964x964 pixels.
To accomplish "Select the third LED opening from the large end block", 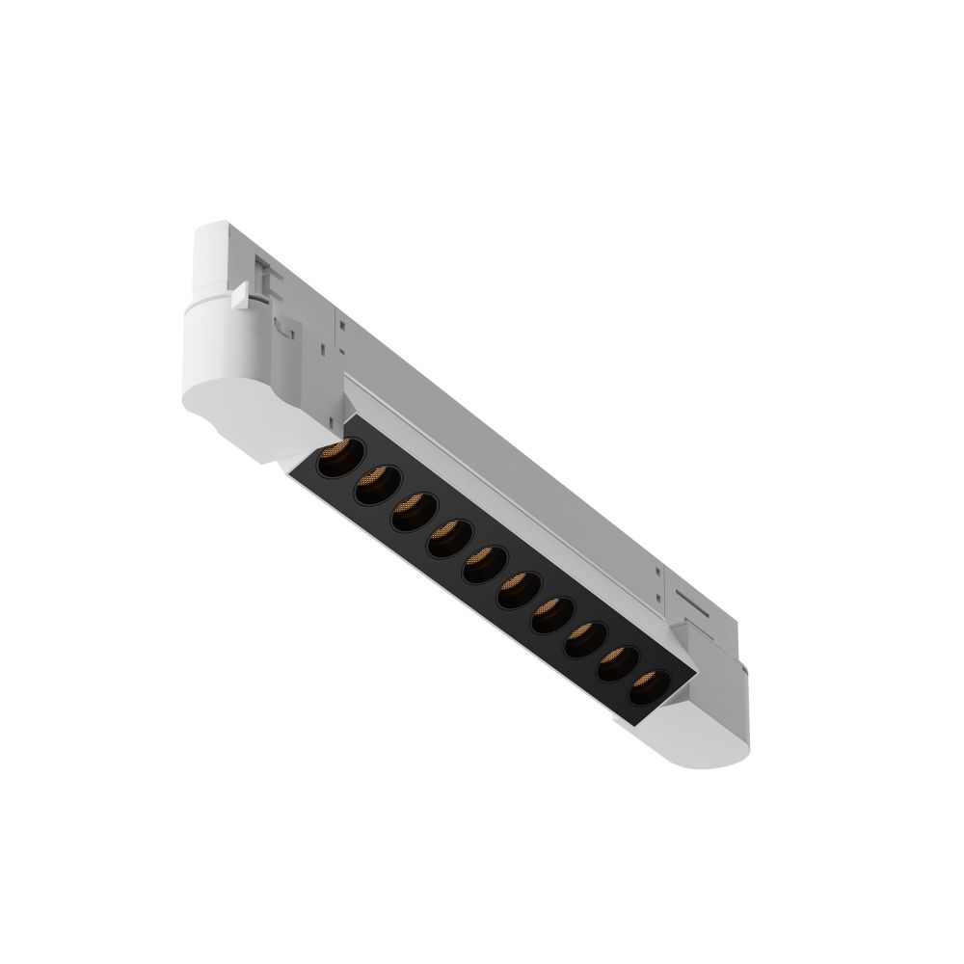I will [415, 511].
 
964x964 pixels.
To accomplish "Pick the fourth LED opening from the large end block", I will [449, 537].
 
